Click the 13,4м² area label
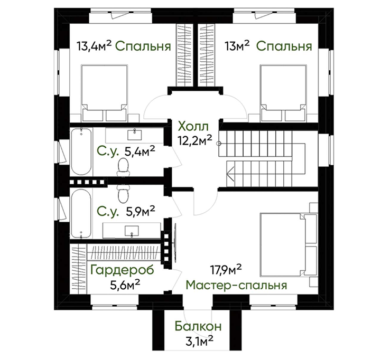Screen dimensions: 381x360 point(94,45)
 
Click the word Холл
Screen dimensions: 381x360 point(193,127)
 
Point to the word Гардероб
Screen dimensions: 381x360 point(122,270)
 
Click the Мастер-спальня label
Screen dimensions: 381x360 point(236,285)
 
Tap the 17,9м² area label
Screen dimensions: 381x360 point(226,270)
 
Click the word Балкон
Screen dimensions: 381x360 point(198,326)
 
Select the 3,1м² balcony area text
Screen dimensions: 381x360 point(199,340)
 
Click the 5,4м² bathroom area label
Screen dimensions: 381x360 point(140,151)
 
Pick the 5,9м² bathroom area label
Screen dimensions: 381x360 point(141,211)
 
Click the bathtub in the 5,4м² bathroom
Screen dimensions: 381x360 point(81,151)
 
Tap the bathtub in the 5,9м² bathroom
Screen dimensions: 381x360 point(81,214)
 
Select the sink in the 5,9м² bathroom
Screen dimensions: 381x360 point(132,231)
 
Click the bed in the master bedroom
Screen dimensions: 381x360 point(289,244)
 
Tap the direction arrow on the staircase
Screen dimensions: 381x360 point(230,174)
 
